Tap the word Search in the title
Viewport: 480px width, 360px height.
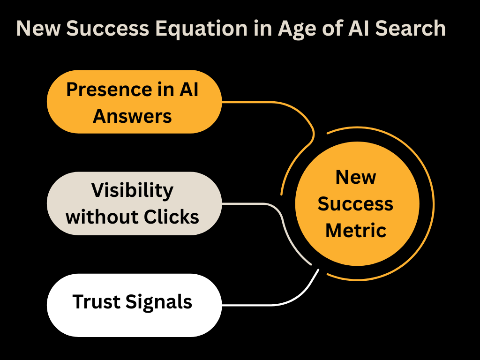[408, 29]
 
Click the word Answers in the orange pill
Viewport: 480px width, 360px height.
[133, 116]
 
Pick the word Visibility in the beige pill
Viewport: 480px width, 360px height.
[133, 190]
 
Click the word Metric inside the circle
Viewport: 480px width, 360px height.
[356, 230]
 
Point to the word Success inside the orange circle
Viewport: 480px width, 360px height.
[356, 204]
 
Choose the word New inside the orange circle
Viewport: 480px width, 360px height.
[356, 177]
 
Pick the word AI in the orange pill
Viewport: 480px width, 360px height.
[188, 89]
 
